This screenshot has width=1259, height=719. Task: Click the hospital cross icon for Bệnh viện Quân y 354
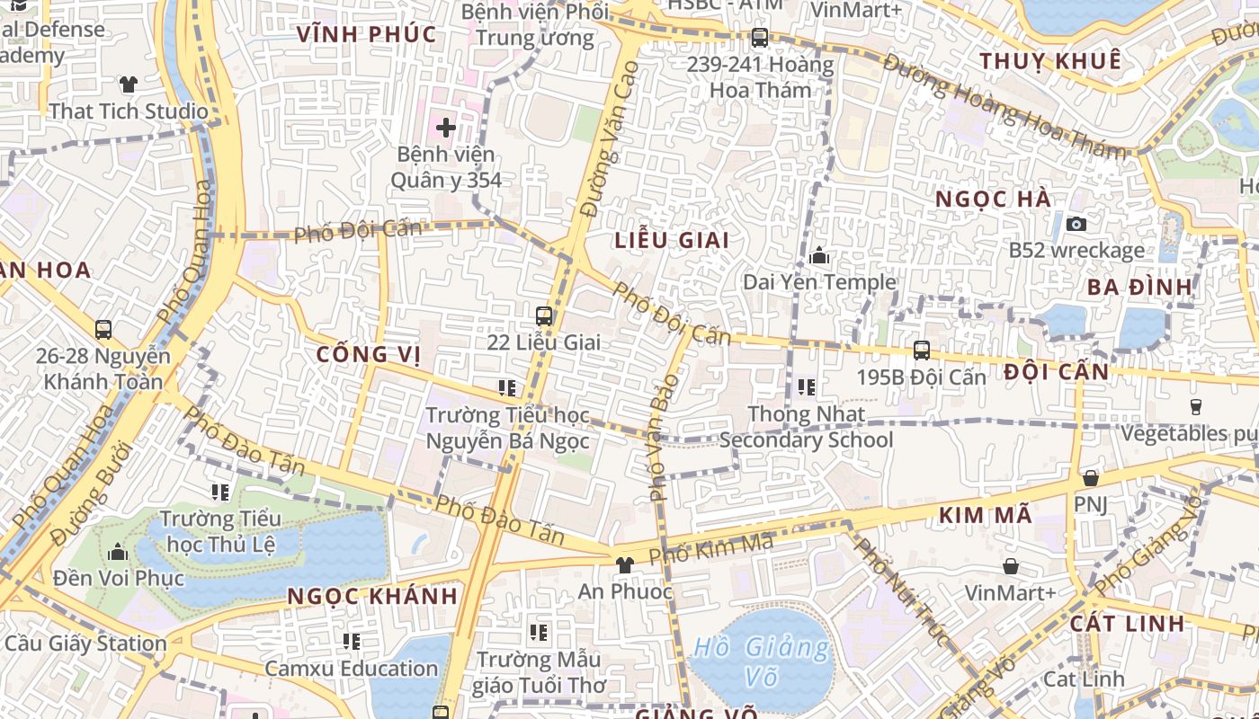click(445, 128)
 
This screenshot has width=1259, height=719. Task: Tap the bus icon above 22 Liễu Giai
click(544, 316)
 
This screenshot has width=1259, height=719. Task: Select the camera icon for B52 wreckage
click(1076, 224)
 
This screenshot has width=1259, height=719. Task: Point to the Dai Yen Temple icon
click(818, 256)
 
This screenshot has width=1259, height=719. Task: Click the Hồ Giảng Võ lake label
click(762, 661)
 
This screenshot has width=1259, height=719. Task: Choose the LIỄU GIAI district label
click(672, 240)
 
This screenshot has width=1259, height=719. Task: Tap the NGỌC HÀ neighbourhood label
click(993, 199)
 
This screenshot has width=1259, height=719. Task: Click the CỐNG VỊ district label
click(369, 354)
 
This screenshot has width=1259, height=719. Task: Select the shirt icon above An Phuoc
click(625, 565)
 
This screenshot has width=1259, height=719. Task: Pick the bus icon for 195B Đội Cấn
click(921, 351)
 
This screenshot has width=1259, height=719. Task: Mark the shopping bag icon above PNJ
click(1091, 478)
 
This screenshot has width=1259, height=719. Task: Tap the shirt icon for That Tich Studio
click(129, 85)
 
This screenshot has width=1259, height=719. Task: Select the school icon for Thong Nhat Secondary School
click(806, 387)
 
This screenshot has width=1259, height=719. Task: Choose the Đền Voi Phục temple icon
click(117, 552)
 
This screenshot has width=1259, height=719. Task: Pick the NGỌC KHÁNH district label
click(372, 596)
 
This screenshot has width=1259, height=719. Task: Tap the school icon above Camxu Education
click(351, 642)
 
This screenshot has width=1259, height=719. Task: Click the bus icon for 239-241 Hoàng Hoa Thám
click(760, 39)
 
